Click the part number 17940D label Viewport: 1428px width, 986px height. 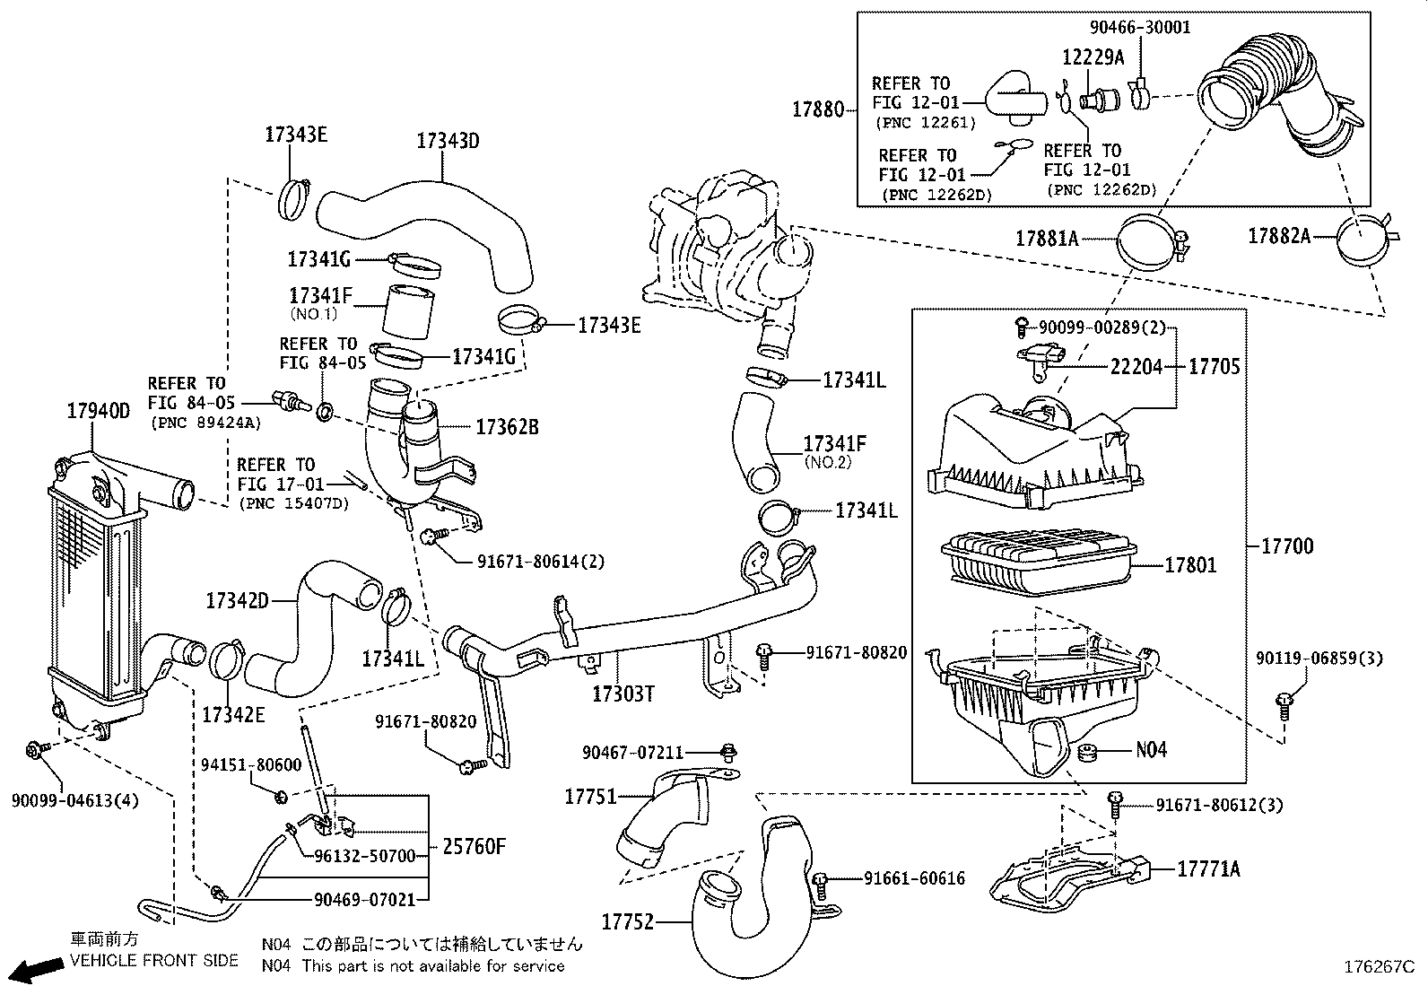[99, 411]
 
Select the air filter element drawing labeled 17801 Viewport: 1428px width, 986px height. [1036, 563]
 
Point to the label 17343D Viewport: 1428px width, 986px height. [448, 141]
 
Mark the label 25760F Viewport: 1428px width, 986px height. [474, 846]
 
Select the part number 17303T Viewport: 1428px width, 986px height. [623, 694]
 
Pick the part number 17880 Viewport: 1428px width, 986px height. [818, 109]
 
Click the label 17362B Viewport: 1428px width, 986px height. [507, 427]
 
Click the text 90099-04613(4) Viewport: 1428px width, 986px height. [75, 799]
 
